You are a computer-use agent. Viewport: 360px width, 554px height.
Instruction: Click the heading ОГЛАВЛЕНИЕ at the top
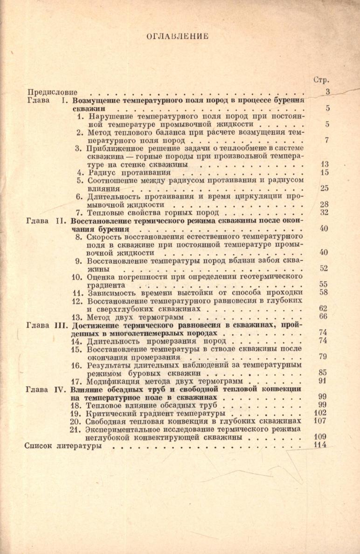177,35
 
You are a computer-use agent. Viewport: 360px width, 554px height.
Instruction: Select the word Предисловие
52,92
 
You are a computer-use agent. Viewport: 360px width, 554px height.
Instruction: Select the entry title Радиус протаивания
121,172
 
